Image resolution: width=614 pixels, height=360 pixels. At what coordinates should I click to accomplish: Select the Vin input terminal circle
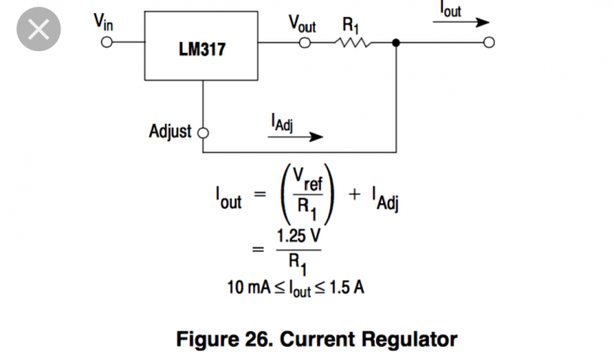click(x=106, y=44)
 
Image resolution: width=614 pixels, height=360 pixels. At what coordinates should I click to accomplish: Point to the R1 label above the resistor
click(x=350, y=23)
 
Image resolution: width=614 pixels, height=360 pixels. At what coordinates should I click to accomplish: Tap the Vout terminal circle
click(x=305, y=44)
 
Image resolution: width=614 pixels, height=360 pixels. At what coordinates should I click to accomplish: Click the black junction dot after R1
click(x=395, y=44)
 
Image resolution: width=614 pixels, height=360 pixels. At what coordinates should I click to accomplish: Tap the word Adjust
click(x=170, y=131)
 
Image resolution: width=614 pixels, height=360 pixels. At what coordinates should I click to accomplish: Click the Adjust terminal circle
click(x=203, y=132)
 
